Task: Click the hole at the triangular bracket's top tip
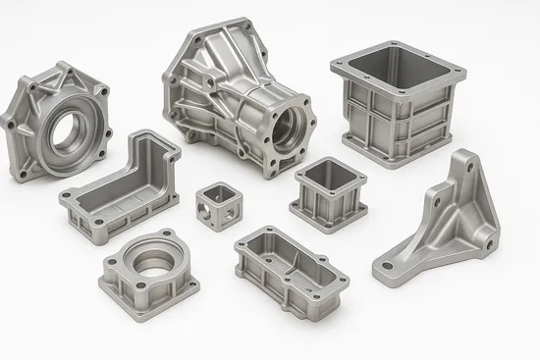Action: (469, 170)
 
